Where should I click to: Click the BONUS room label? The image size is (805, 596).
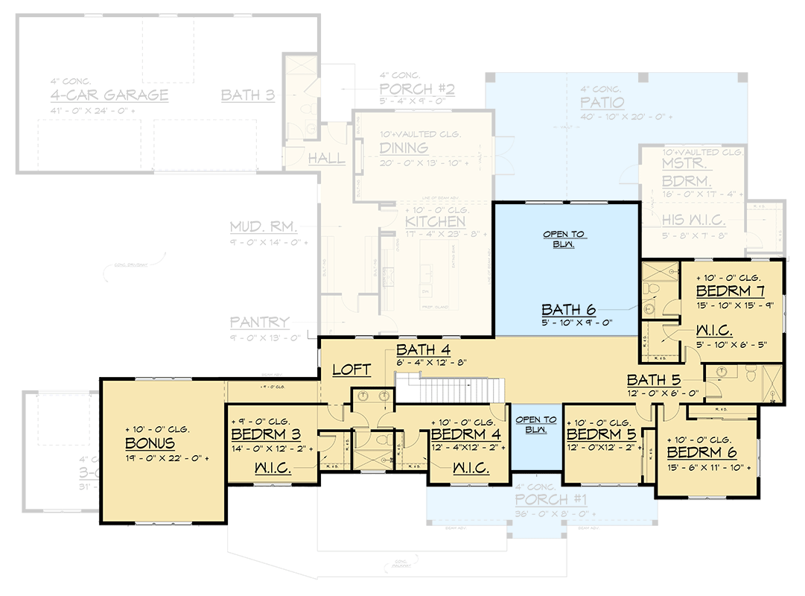point(150,444)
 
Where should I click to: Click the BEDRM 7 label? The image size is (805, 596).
point(730,291)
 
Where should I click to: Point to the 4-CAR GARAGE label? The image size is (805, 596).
point(109,95)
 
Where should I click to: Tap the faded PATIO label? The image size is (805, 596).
point(602,103)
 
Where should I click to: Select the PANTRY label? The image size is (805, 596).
point(259,323)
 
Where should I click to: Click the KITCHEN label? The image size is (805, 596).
point(436,221)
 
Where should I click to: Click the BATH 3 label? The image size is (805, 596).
point(248,95)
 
